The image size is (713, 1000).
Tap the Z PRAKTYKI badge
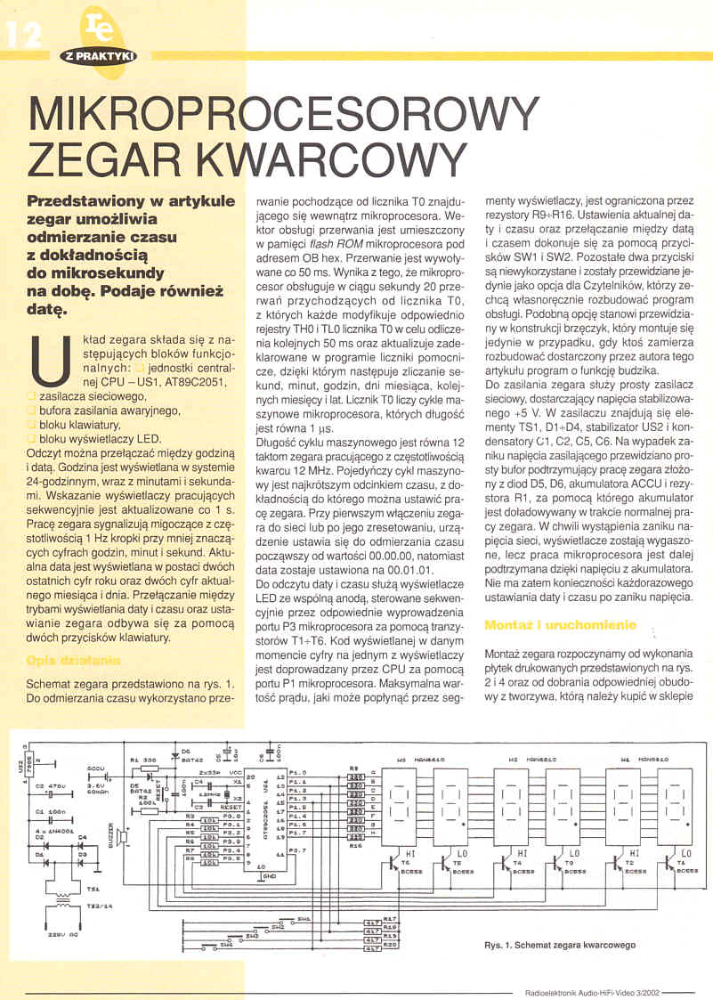[x=98, y=55]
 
